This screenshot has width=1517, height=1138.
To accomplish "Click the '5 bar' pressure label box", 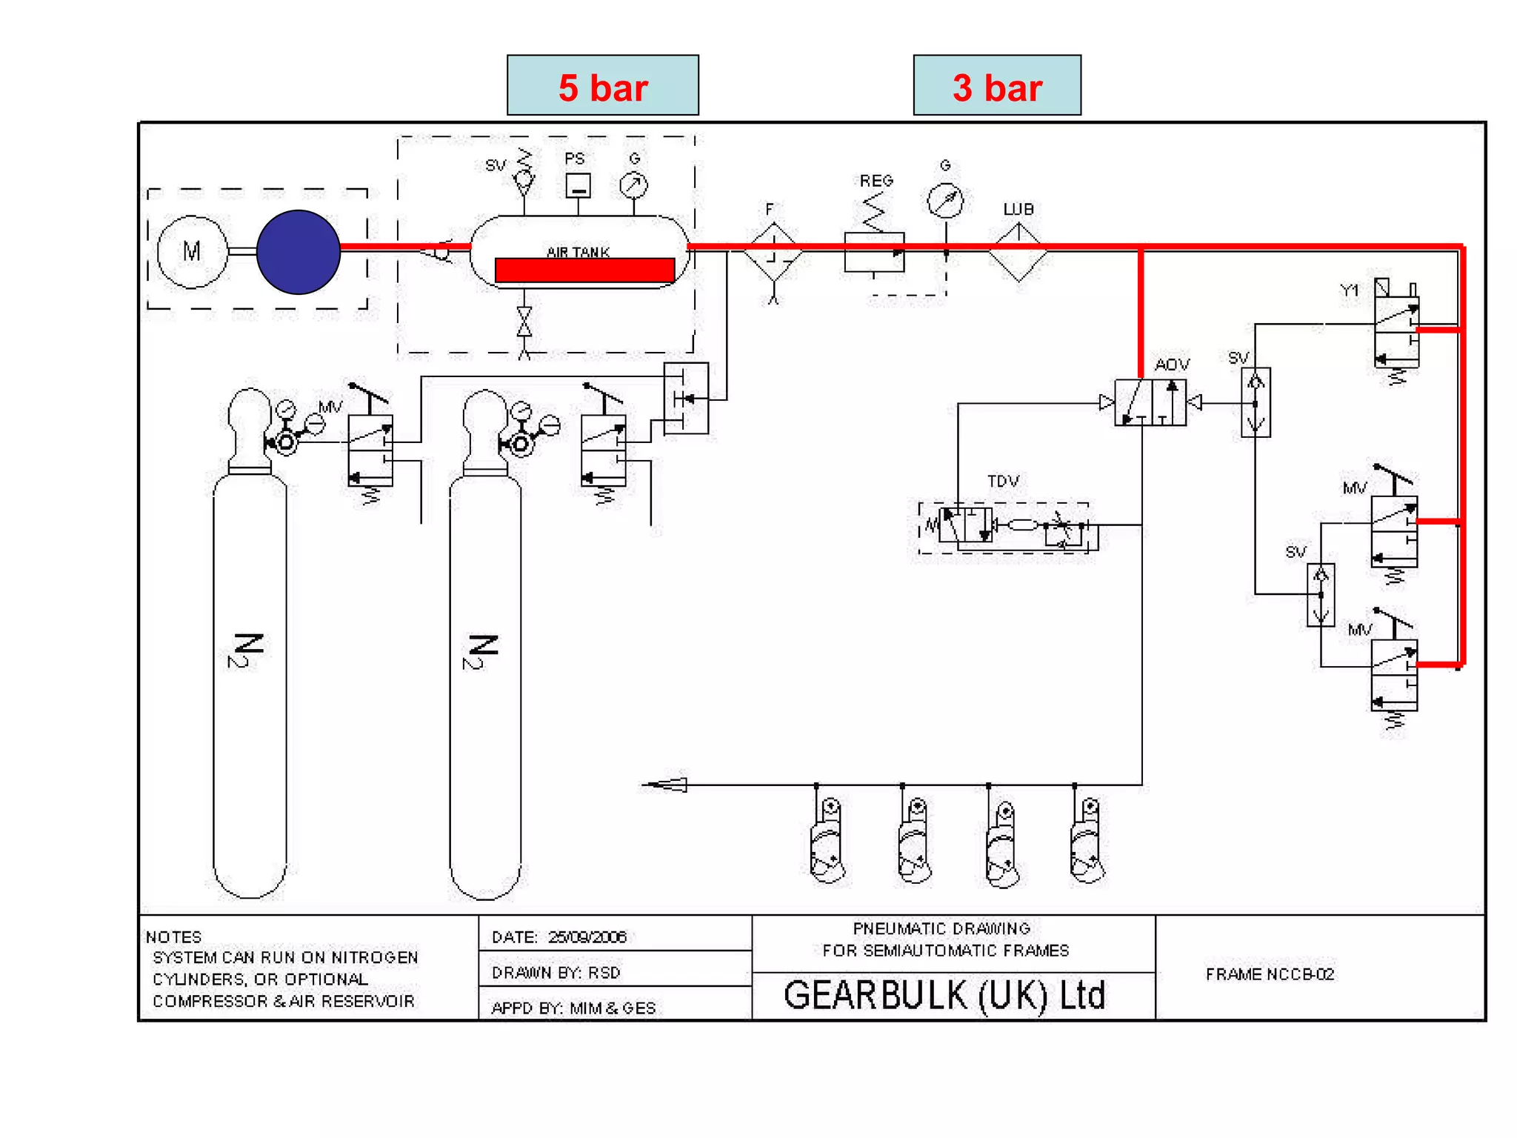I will [x=602, y=85].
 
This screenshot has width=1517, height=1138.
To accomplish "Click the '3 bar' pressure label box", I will [x=996, y=85].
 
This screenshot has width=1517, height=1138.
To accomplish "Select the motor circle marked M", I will [x=192, y=252].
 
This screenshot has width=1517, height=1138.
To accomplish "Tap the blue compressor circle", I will [x=299, y=252].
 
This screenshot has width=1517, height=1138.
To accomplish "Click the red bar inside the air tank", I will [x=584, y=270].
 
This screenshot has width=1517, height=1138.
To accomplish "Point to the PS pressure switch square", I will [x=578, y=185].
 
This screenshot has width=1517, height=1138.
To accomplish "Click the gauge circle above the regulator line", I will [x=945, y=200].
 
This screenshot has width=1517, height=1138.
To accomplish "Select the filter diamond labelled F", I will [x=773, y=252].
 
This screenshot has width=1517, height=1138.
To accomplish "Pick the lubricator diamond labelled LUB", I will [x=1018, y=253].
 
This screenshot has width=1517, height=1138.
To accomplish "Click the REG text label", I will [x=876, y=181].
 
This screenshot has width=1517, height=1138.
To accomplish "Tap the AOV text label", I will [x=1172, y=365].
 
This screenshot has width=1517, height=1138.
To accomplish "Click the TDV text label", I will [x=1003, y=481].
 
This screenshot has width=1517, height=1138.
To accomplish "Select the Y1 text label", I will [x=1350, y=290].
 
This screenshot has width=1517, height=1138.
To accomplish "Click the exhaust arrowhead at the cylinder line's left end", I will [x=667, y=785].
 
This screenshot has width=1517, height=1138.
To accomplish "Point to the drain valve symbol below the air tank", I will [x=524, y=322].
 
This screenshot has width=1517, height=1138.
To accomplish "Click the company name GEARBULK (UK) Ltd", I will [x=944, y=996].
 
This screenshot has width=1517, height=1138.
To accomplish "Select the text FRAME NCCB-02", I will [x=1270, y=974].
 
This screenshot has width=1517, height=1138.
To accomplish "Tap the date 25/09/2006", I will [x=587, y=937].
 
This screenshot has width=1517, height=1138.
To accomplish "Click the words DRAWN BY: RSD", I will [x=556, y=973].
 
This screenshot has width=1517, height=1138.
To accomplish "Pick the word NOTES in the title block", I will [x=173, y=937].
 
